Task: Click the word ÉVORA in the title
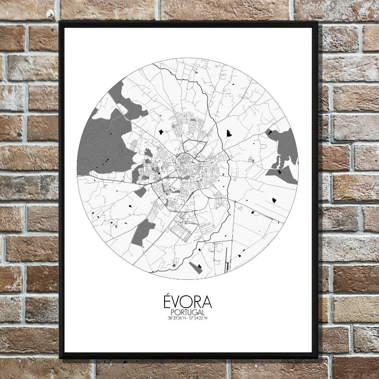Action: click(x=188, y=302)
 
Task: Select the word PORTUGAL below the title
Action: click(x=188, y=312)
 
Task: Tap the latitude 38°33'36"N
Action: click(x=177, y=318)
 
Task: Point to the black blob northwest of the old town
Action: click(x=161, y=132)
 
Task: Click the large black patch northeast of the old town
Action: click(x=229, y=133)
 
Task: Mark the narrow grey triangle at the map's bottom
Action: click(x=196, y=268)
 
